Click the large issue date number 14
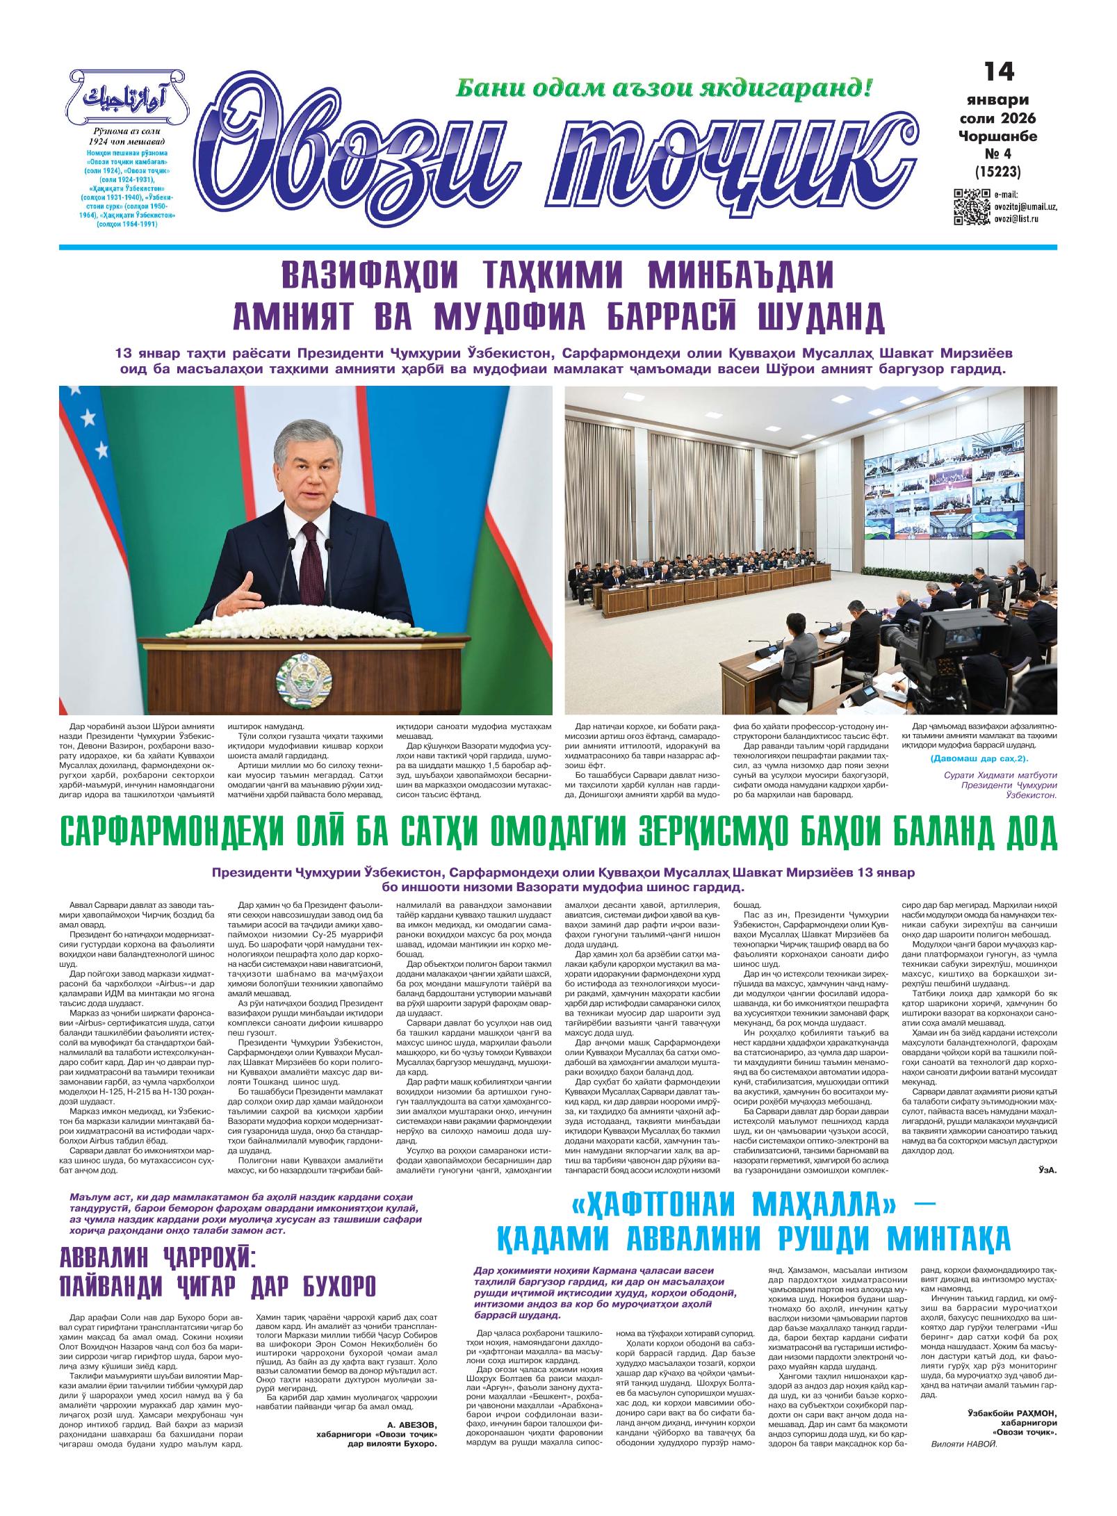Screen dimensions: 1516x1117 coord(999,71)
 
